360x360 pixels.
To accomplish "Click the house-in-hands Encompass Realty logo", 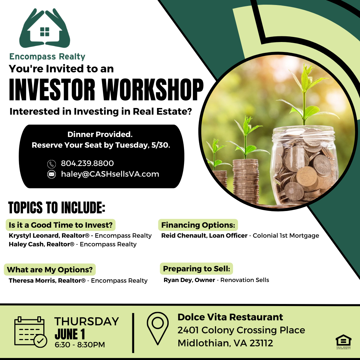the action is (45, 28).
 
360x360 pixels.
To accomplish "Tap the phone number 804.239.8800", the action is (87, 163).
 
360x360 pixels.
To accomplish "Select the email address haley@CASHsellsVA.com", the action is (110, 174).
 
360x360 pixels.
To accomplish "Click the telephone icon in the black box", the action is (51, 164).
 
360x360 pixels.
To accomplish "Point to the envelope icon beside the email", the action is (51, 174).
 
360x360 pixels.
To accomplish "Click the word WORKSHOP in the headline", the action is (153, 90).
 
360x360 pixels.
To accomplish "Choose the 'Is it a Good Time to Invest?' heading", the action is (61, 225).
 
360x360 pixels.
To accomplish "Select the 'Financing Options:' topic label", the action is (198, 225).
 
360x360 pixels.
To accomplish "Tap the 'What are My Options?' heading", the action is (50, 270).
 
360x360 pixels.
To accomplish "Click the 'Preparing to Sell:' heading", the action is (197, 269).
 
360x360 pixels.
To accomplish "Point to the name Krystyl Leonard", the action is (34, 236).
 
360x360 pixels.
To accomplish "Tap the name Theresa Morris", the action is (32, 281).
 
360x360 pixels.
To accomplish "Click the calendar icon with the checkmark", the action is (31, 332).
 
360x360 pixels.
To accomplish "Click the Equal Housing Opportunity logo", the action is (343, 342).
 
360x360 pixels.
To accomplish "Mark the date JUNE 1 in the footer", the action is (70, 334).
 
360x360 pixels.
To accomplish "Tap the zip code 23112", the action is (261, 343).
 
